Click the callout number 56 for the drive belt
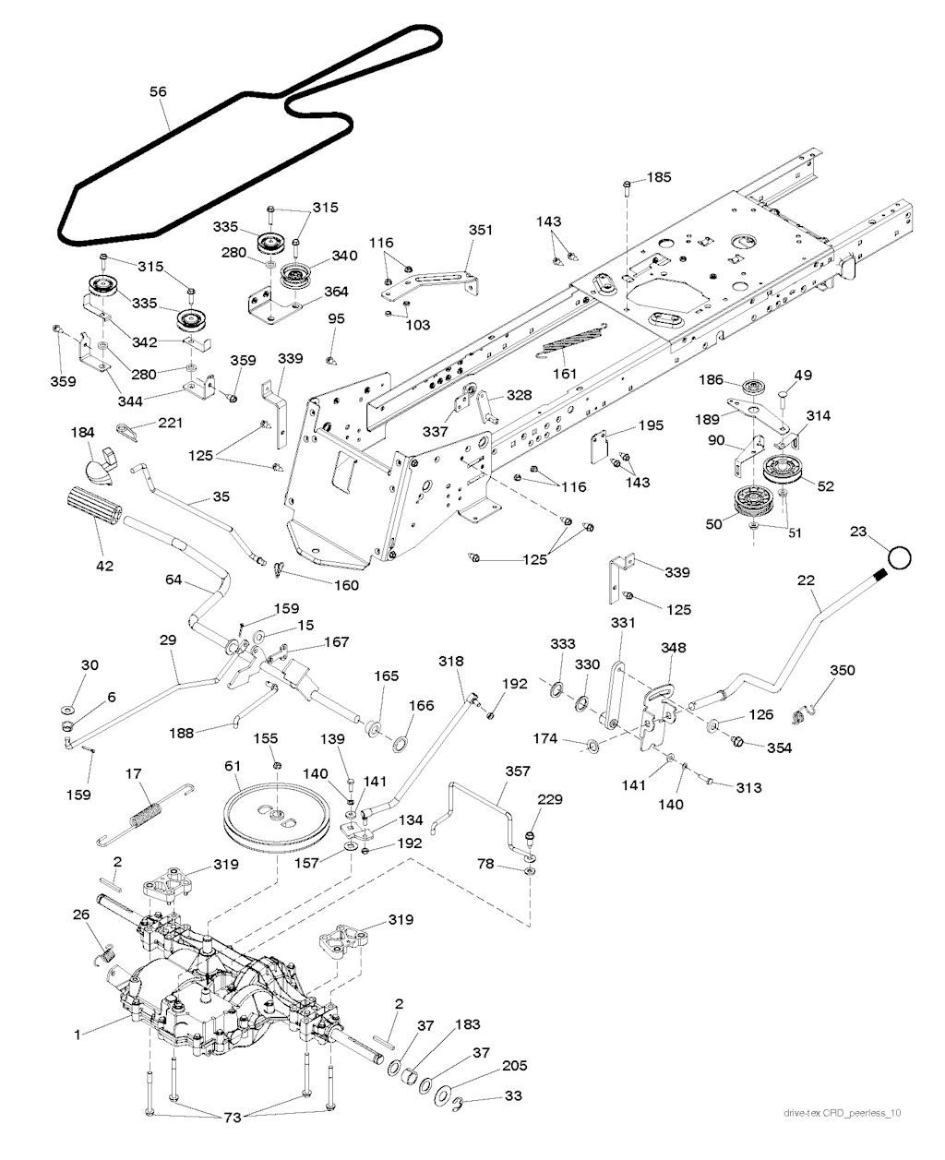(x=158, y=91)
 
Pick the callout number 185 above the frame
(x=660, y=176)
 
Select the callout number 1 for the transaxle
(x=78, y=1034)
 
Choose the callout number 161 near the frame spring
(x=564, y=374)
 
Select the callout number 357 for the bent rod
(x=517, y=770)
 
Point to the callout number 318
(x=451, y=662)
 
